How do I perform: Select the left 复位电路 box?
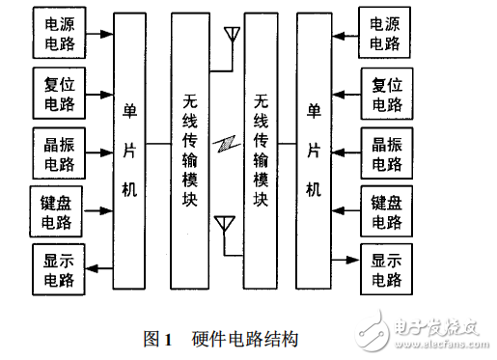click(59, 93)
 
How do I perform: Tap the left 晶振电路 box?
click(59, 151)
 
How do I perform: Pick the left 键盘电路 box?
click(59, 210)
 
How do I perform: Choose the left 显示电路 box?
click(59, 269)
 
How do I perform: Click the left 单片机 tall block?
click(129, 152)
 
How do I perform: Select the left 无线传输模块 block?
click(191, 152)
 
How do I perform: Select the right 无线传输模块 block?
click(258, 152)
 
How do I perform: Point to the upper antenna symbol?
click(232, 37)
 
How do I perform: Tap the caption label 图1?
click(156, 339)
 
